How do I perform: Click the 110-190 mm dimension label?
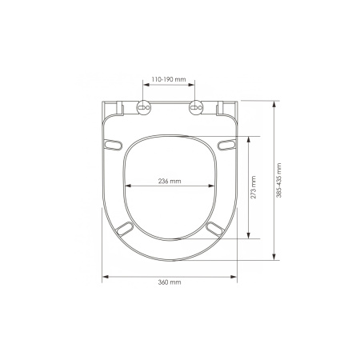tap(170, 80)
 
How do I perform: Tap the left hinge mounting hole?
tap(145, 108)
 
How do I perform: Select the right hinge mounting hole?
tap(194, 108)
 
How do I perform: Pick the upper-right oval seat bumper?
tap(227, 145)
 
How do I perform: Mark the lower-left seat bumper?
tap(124, 230)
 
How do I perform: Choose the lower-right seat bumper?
tap(214, 230)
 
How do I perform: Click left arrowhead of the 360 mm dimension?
tap(105, 277)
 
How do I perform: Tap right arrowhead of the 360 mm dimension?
tap(235, 277)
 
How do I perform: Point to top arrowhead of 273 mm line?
tap(250, 138)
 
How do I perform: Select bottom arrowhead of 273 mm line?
tap(250, 237)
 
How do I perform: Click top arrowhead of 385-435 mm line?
tap(274, 102)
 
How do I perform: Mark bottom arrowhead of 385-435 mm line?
tap(274, 260)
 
